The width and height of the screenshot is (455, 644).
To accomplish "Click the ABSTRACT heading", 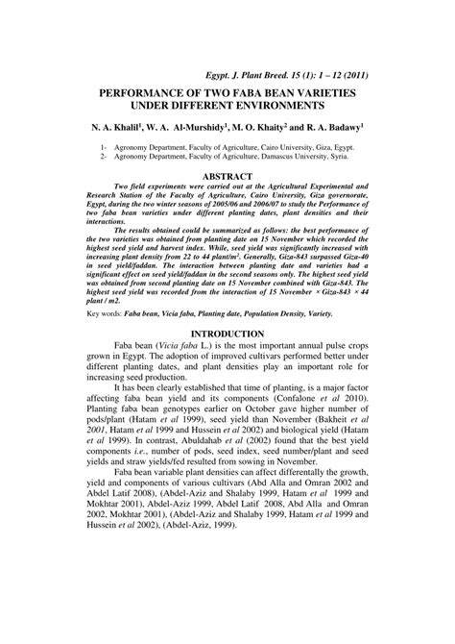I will click(x=227, y=176).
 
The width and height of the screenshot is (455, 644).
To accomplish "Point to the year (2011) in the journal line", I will click(x=351, y=73).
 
